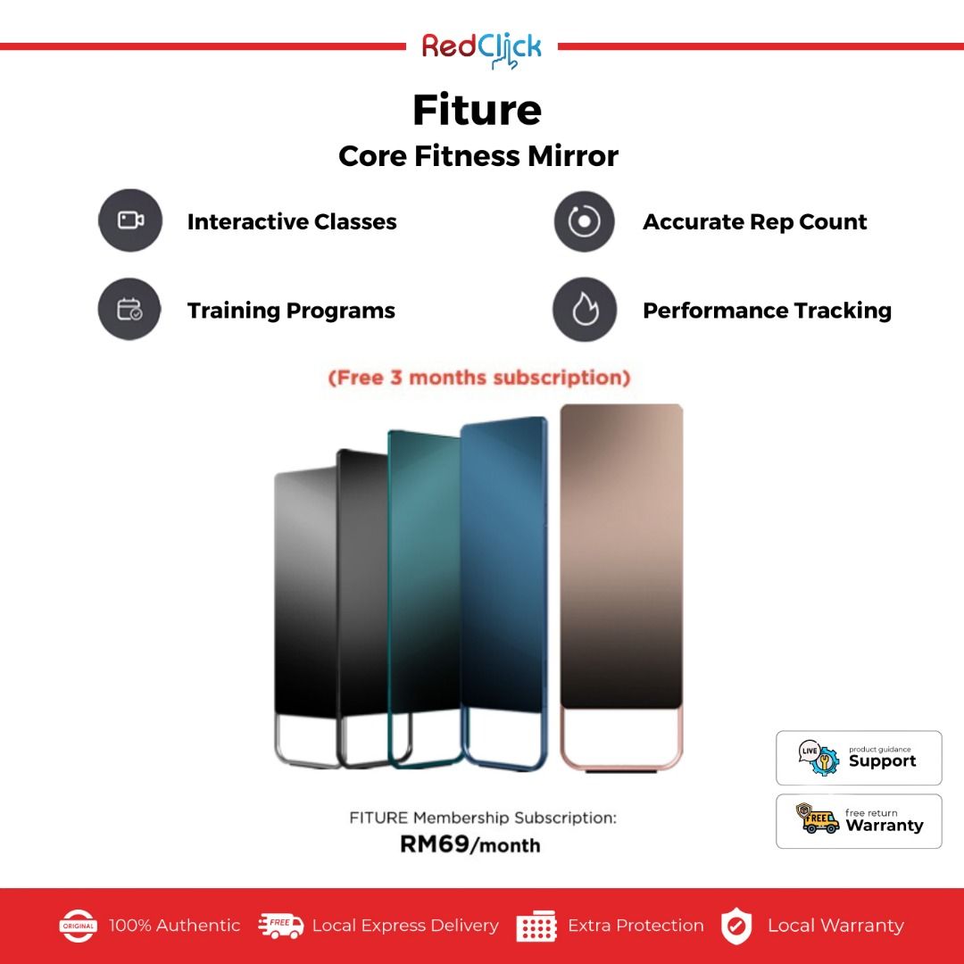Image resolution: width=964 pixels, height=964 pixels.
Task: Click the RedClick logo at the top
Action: point(481,49)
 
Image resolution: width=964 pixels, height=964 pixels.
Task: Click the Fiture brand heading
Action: point(477,110)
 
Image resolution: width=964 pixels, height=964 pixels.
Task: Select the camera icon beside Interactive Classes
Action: point(130,220)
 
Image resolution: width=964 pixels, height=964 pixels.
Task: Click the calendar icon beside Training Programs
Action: point(129,309)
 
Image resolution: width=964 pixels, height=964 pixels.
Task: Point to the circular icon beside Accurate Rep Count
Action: point(584,221)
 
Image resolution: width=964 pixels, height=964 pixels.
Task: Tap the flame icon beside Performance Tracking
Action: point(585,309)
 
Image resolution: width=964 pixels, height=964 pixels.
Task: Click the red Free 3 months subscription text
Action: point(479,377)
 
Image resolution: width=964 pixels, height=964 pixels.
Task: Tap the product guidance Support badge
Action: point(859,758)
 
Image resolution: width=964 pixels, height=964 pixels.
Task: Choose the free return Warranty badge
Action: point(859,821)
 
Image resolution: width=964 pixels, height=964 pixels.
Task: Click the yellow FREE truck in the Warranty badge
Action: point(818,819)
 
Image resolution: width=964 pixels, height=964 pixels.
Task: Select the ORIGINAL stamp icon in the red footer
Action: point(78,926)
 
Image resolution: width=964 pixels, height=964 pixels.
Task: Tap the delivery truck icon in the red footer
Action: point(280,926)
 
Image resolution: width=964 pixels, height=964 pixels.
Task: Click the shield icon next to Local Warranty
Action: point(735,926)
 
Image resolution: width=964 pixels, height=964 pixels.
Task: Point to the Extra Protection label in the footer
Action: point(636,926)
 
